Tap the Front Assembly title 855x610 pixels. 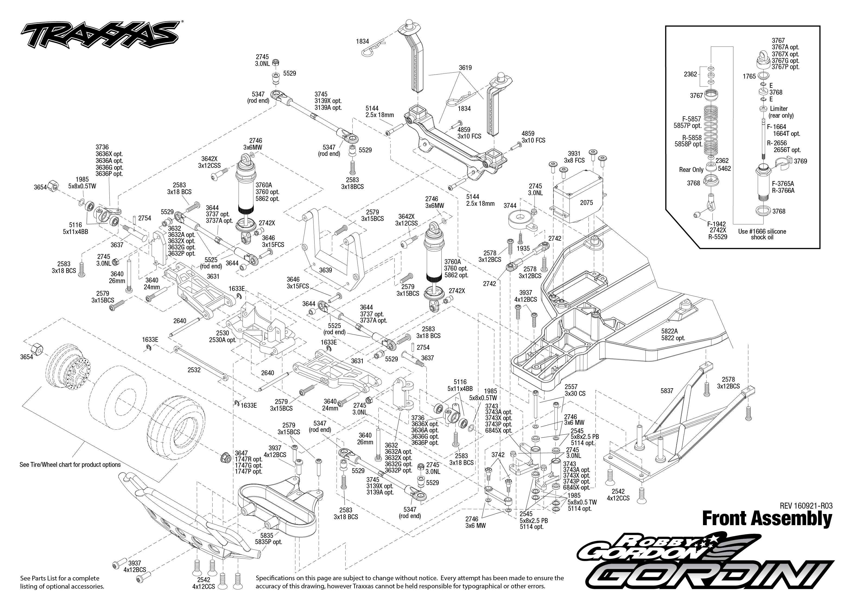[767, 519]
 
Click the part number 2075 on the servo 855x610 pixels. [586, 203]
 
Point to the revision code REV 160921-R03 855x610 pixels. [806, 506]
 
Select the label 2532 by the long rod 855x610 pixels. [194, 370]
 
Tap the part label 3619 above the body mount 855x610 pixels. [465, 68]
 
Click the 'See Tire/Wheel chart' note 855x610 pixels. [70, 465]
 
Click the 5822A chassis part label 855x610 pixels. [670, 331]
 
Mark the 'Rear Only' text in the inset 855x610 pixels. [691, 170]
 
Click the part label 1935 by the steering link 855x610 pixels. [523, 249]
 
